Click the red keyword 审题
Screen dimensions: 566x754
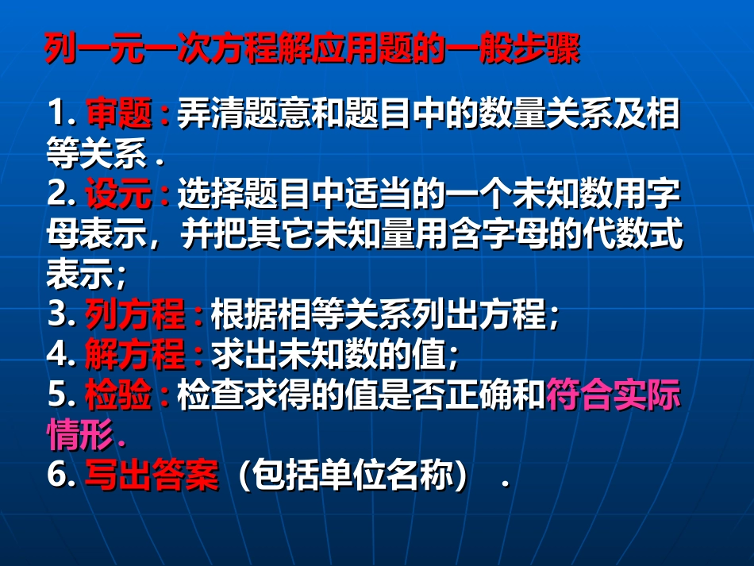click(x=118, y=114)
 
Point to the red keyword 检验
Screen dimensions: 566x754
click(x=118, y=395)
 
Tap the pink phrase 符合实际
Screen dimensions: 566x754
click(x=614, y=395)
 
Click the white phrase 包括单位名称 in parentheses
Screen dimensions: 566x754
click(x=351, y=476)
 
